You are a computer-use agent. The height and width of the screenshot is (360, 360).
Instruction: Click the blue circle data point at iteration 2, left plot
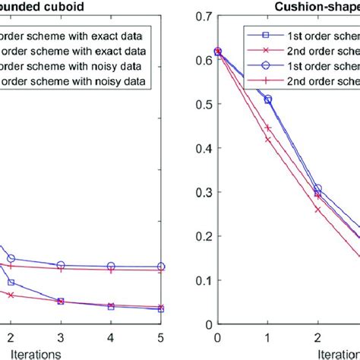point(11,259)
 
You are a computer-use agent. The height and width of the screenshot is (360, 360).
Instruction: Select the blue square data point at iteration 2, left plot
point(11,282)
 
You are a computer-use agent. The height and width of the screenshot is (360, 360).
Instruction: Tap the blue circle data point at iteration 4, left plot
point(111,267)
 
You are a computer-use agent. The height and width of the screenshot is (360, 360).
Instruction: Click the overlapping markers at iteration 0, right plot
point(218,52)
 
